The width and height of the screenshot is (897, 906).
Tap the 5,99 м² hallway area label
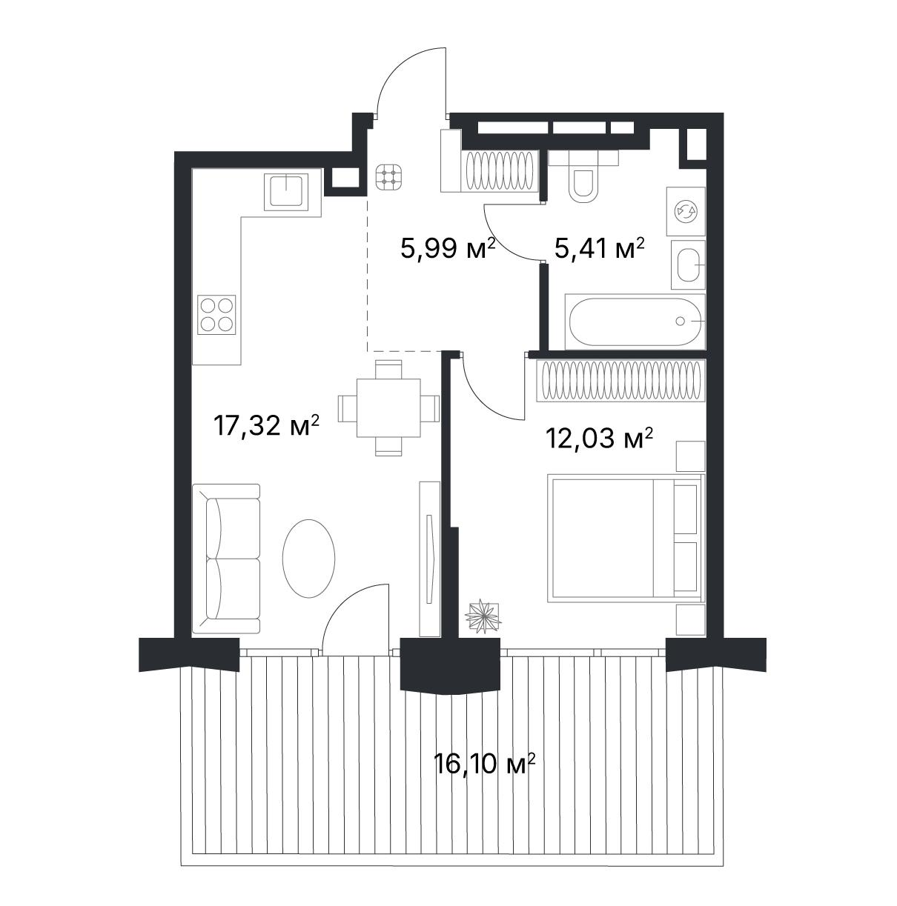coord(448,247)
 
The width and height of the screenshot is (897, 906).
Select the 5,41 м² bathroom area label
coord(599,247)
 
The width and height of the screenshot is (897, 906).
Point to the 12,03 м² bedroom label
coord(599,439)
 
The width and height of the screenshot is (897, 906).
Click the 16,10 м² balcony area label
coord(484,762)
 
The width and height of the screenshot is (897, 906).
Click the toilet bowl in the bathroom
coord(582,177)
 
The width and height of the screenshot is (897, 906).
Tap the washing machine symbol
coord(686,212)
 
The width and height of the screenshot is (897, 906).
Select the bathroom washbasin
coord(688,264)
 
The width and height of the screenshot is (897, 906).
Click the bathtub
coord(635,322)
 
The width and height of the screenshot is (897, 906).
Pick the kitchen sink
coord(286,191)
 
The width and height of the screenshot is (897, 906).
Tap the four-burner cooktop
coord(216,314)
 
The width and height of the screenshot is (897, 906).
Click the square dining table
coord(388,407)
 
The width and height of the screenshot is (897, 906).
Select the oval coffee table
coord(308,558)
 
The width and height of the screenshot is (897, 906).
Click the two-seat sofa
coord(226,559)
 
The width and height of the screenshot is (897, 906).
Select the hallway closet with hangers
coord(500,171)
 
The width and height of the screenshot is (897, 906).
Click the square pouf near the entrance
coord(389,177)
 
